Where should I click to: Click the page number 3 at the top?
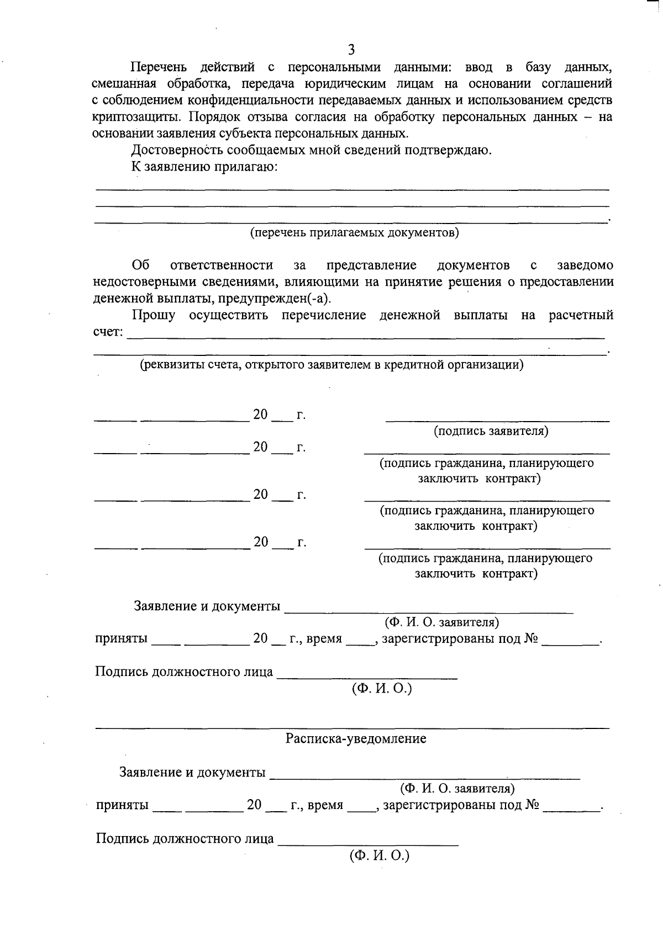(351, 50)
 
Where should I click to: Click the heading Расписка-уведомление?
(356, 738)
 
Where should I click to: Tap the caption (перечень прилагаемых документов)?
(354, 232)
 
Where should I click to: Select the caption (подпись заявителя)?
(491, 431)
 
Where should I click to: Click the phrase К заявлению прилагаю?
(204, 167)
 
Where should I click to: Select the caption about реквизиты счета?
(331, 365)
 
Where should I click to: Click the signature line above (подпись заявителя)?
(497, 421)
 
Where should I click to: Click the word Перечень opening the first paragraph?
(158, 67)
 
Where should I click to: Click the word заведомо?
(585, 265)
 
